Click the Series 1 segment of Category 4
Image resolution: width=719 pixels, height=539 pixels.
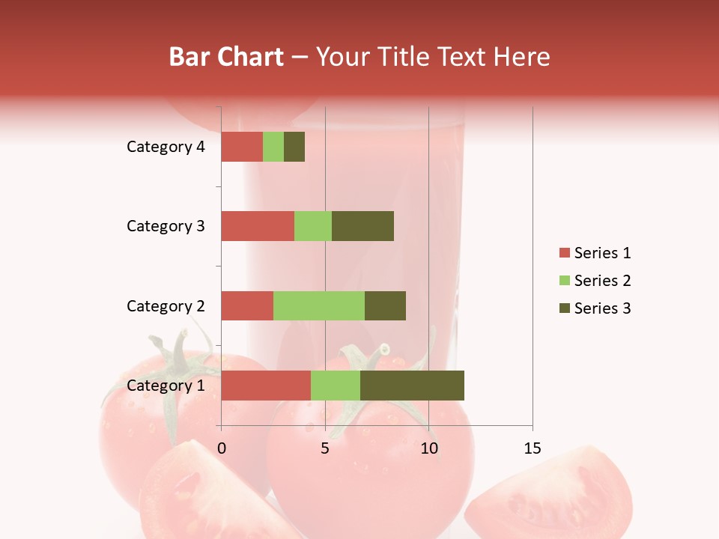[242, 147]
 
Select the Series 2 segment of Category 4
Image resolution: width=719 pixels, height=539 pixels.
[273, 147]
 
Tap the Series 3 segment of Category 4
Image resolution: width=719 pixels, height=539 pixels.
[294, 147]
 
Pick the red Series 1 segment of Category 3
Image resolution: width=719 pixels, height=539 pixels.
[258, 226]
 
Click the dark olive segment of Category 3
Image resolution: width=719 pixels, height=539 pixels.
[362, 226]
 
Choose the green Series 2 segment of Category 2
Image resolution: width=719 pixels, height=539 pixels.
[319, 305]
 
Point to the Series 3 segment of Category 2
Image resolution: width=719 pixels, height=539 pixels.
[385, 305]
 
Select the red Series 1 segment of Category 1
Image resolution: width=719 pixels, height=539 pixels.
[266, 386]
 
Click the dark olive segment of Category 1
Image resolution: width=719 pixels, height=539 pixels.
[412, 386]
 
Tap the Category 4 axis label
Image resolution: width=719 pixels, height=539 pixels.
[166, 147]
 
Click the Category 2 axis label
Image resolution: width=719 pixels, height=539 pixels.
[166, 305]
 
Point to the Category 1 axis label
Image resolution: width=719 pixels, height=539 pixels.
[166, 386]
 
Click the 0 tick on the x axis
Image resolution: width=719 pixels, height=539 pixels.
[222, 448]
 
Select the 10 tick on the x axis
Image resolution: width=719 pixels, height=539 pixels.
[428, 448]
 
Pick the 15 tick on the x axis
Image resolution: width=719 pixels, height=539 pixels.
[532, 448]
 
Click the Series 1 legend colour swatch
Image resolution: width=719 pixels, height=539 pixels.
[564, 253]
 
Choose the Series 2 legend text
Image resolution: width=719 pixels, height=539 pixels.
[603, 281]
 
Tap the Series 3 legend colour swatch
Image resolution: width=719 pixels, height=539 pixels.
[564, 308]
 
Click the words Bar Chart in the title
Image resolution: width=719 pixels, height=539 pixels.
[225, 57]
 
